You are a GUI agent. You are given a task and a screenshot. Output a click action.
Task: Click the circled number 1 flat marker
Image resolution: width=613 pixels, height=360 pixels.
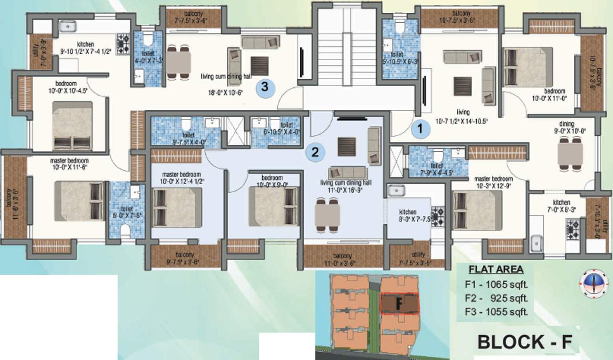pos(419,129)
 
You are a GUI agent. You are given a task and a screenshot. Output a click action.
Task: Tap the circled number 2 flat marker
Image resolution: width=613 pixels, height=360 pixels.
pos(315,152)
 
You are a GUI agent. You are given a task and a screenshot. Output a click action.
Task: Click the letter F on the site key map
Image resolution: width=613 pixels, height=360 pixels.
pos(398,304)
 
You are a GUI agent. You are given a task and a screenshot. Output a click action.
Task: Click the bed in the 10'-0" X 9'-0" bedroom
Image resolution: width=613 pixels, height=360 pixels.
pos(273,206)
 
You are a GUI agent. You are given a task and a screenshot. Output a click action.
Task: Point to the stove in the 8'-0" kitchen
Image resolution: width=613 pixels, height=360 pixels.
pos(437,217)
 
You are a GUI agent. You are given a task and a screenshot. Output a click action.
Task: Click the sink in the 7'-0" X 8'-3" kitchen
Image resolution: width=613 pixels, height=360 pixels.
pos(536,243)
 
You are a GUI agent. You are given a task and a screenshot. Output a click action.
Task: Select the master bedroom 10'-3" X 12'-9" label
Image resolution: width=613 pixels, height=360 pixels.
pos(493,182)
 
